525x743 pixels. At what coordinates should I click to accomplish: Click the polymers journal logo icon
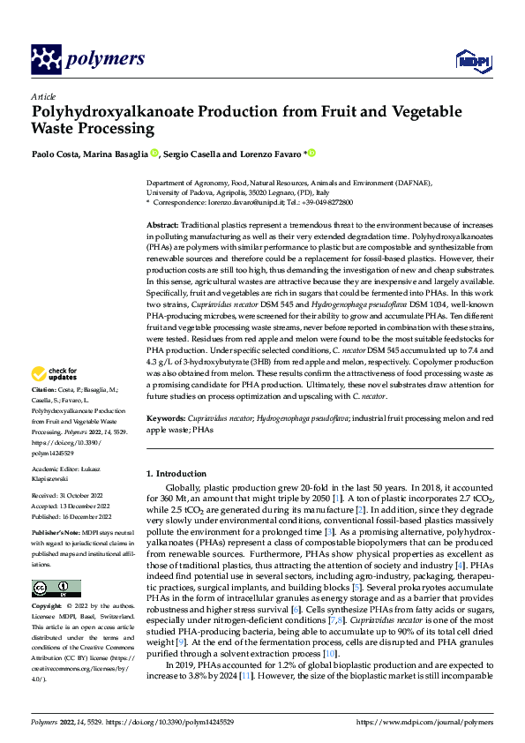tap(46, 59)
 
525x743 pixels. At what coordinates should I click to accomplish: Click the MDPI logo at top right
tap(471, 59)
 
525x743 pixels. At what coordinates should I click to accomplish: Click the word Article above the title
tap(43, 96)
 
